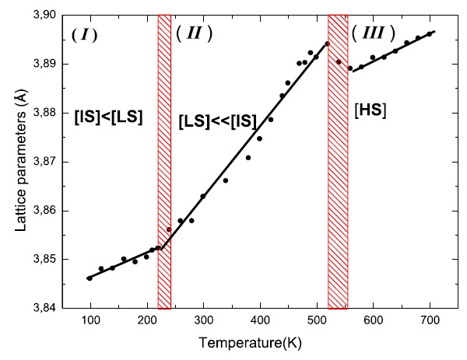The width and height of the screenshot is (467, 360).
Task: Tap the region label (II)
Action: (194, 33)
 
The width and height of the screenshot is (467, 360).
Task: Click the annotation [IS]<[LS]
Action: (109, 120)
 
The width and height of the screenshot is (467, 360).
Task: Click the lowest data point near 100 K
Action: (90, 278)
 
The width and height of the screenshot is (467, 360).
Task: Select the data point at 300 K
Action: (203, 196)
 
